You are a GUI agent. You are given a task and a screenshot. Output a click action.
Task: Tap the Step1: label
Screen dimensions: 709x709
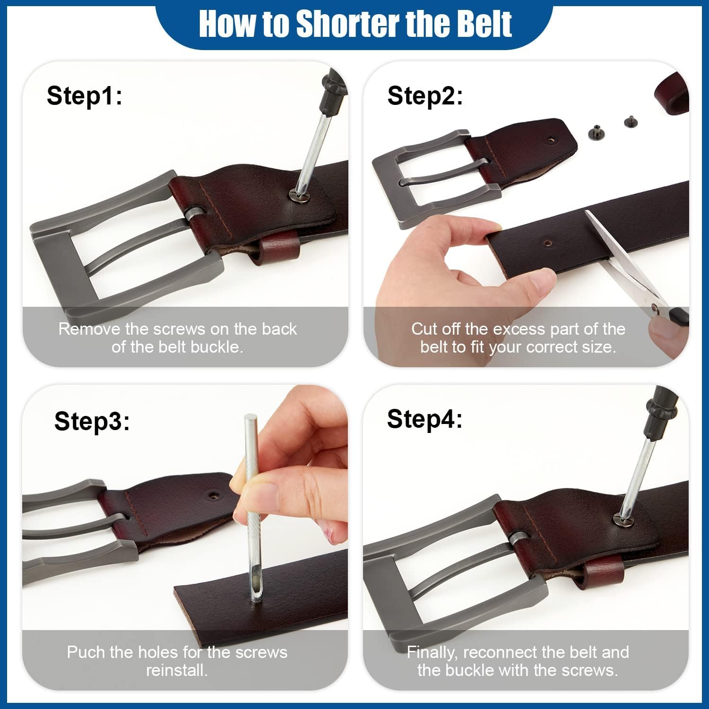point(85,95)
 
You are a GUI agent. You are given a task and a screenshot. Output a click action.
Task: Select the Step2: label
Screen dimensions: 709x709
point(425,95)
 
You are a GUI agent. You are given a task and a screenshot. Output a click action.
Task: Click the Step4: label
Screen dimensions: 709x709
point(424,419)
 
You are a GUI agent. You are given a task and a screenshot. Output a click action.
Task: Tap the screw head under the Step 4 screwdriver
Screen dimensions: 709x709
point(620,519)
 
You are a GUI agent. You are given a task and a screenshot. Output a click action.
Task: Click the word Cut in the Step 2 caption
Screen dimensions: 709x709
point(424,329)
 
